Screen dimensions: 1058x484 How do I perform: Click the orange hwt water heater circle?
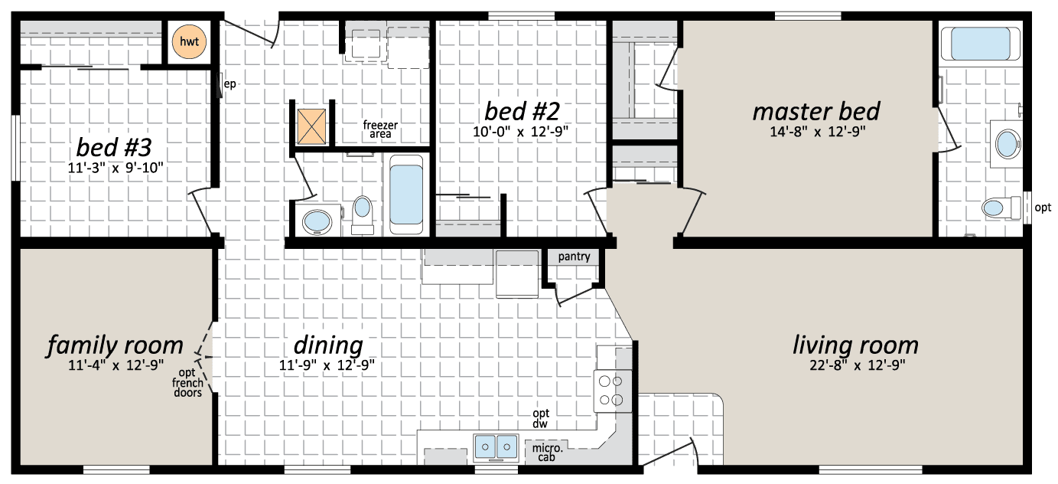pyautogui.click(x=189, y=41)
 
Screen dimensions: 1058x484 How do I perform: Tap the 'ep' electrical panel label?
pyautogui.click(x=230, y=84)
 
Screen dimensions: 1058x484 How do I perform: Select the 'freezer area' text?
pyautogui.click(x=380, y=129)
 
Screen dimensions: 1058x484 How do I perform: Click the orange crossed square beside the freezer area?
pyautogui.click(x=311, y=126)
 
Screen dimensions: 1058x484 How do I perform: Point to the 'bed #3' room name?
pyautogui.click(x=114, y=147)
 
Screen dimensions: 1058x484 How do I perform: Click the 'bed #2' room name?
pyautogui.click(x=522, y=112)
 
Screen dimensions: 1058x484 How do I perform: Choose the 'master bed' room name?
pyautogui.click(x=816, y=112)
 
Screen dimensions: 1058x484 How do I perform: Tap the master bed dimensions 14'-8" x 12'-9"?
pyautogui.click(x=818, y=132)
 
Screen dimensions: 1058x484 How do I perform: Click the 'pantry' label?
pyautogui.click(x=574, y=257)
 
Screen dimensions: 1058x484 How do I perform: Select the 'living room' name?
pyautogui.click(x=855, y=345)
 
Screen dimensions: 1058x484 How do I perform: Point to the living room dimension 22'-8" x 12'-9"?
pyautogui.click(x=858, y=365)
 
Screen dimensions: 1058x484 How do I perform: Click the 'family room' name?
pyautogui.click(x=115, y=345)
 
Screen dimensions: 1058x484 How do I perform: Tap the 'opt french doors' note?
pyautogui.click(x=187, y=383)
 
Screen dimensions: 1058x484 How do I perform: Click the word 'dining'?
pyautogui.click(x=328, y=345)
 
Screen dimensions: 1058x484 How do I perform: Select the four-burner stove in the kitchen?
pyautogui.click(x=613, y=391)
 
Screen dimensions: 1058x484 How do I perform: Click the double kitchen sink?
pyautogui.click(x=496, y=447)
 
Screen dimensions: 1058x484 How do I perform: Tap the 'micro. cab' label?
pyautogui.click(x=547, y=453)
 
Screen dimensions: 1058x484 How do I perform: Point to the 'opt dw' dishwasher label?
pyautogui.click(x=540, y=419)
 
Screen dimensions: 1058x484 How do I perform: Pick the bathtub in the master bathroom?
pyautogui.click(x=980, y=44)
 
